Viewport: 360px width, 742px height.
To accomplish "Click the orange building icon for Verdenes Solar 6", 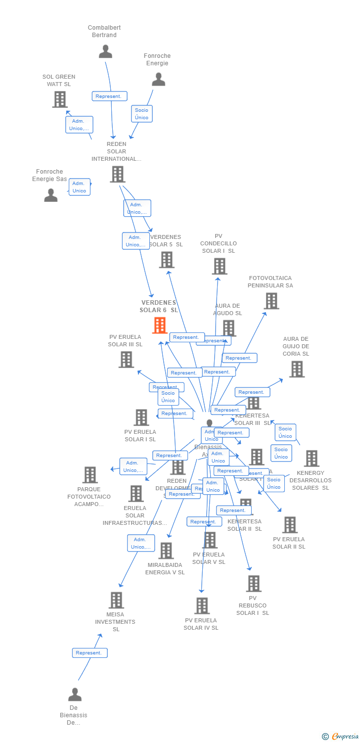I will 160,325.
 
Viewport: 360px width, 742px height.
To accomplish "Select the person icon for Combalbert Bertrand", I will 105,51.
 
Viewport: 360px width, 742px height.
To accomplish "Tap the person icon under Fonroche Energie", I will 158,79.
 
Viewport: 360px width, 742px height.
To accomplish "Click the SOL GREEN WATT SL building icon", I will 60,99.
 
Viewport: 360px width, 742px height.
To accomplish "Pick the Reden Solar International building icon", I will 117,174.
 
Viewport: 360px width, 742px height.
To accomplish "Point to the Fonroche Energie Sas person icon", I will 51,195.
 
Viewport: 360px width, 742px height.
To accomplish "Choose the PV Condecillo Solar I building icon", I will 219,266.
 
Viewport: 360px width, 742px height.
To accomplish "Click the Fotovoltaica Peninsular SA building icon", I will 271,301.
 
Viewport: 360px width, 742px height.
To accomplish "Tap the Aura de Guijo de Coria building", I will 297,369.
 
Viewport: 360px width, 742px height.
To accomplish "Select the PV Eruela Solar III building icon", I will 126,360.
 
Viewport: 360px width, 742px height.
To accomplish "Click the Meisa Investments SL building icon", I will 116,600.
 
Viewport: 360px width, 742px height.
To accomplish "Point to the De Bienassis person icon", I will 75,695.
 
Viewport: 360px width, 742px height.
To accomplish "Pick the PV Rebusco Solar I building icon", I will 254,584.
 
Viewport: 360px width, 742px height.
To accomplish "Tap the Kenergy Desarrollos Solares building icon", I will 312,459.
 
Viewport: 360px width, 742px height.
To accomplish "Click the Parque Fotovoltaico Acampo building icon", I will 90,475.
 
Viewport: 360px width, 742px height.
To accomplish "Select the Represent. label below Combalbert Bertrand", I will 109,96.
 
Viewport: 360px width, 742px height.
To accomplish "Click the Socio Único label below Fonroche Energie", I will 141,114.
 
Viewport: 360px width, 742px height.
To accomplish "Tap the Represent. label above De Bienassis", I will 90,653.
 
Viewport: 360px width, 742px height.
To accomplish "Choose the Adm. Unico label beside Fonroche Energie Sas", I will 79,187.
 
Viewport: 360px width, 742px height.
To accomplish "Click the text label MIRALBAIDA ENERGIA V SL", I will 165,568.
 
